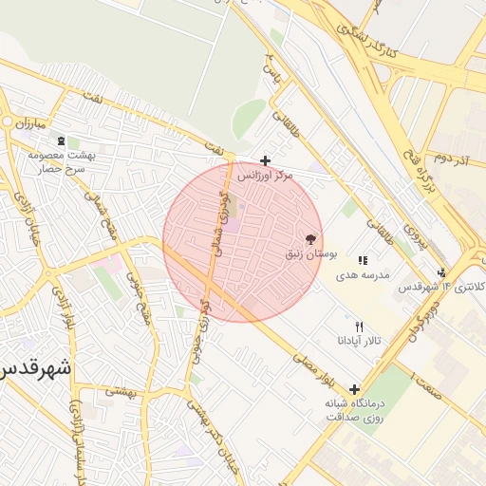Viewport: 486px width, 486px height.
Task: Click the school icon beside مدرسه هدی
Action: [363, 260]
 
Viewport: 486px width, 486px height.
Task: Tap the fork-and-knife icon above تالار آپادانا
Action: [359, 327]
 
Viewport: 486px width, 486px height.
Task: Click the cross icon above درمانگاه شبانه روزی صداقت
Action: [354, 389]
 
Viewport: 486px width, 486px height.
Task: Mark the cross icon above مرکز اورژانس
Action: [265, 161]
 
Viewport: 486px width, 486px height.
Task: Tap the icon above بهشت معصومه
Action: [62, 140]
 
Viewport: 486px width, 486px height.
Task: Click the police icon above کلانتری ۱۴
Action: [441, 272]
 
